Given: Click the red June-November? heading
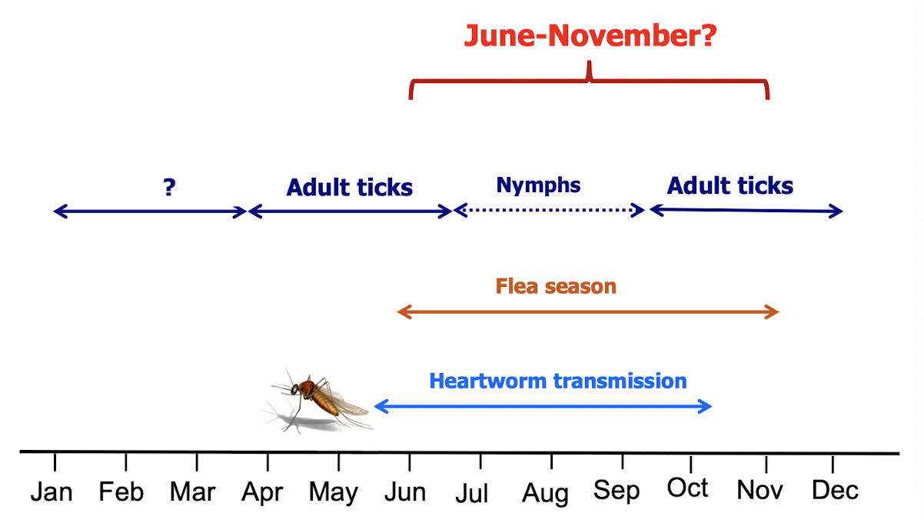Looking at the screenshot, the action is point(590,35).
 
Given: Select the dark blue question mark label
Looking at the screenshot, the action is point(170,188).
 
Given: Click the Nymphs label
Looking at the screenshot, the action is point(538,185).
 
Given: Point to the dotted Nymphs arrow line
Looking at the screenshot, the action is point(549,210).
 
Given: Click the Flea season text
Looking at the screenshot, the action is point(556,286).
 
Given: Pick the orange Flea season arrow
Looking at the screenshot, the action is point(588,312).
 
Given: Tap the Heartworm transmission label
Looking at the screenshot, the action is point(558,381).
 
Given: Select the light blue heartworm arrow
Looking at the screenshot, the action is point(543,406).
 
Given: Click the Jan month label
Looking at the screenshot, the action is point(52,492).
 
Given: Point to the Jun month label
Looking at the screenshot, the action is point(405,492).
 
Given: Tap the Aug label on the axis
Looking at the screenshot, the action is point(545,494).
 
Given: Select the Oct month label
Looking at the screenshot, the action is point(687,488).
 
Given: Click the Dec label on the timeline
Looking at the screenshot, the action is point(836,491).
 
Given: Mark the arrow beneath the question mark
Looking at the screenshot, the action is point(150,212).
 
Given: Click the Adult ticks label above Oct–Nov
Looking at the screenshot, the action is point(730,186).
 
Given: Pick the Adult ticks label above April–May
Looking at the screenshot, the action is point(350,188).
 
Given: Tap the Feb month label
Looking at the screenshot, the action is point(121,492).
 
